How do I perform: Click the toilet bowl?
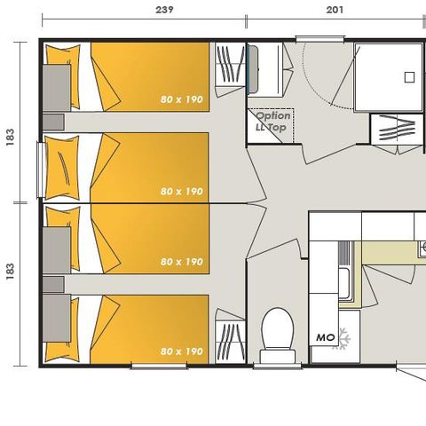pos(277,329)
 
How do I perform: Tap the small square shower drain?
pos(409,76)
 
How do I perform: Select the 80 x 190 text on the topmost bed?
pos(182,99)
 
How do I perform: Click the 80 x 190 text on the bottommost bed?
pos(182,351)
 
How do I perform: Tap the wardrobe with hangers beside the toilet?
pos(231,340)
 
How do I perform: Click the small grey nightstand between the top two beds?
pos(53,122)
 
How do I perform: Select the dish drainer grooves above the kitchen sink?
pos(344,255)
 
